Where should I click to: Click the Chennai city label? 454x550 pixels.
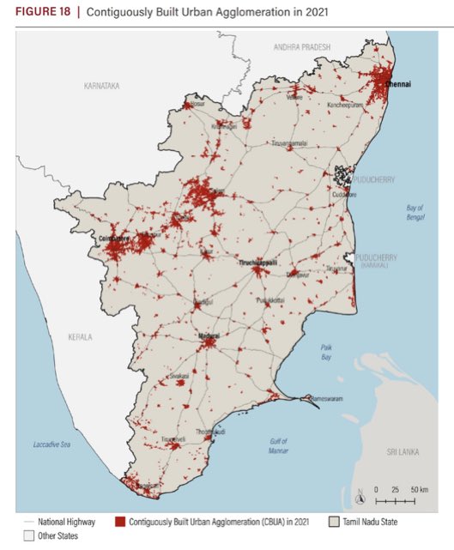click(397, 84)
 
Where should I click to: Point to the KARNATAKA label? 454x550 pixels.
click(101, 87)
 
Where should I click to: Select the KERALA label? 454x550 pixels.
click(80, 337)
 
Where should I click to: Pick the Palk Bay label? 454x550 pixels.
click(326, 351)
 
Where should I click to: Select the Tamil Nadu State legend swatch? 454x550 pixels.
click(336, 521)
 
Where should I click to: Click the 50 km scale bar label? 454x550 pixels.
click(420, 488)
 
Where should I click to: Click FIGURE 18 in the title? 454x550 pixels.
click(39, 11)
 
